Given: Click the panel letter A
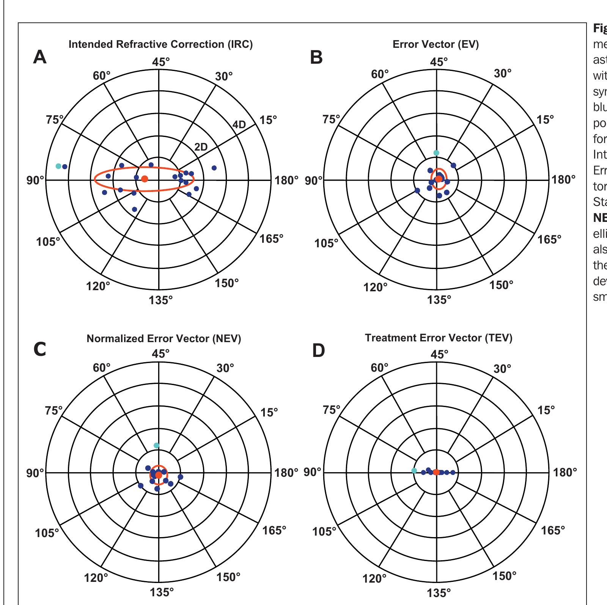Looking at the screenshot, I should click(40, 57).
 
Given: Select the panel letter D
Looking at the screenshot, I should click(319, 351).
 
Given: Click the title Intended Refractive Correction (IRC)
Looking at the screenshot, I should click(160, 44).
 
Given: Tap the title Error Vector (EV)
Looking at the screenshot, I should click(436, 44).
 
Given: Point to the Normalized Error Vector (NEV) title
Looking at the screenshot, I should click(164, 338).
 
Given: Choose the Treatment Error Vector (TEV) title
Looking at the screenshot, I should click(439, 338).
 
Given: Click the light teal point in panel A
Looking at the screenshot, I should click(58, 166).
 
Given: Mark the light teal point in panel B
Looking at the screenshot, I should click(436, 153).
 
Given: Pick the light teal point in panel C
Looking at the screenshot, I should click(156, 445).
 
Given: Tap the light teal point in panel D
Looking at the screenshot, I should click(414, 470).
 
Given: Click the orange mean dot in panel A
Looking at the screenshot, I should click(145, 179).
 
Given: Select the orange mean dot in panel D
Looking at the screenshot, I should click(436, 472).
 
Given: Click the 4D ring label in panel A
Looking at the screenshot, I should click(239, 124).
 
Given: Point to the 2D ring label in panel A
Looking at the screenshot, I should click(201, 147).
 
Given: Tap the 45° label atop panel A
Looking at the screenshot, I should click(161, 62).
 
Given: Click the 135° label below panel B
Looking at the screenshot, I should click(439, 300).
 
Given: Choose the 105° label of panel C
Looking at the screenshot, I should click(47, 533).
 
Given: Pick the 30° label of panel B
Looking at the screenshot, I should click(503, 74).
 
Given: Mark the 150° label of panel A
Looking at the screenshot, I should click(226, 283).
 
